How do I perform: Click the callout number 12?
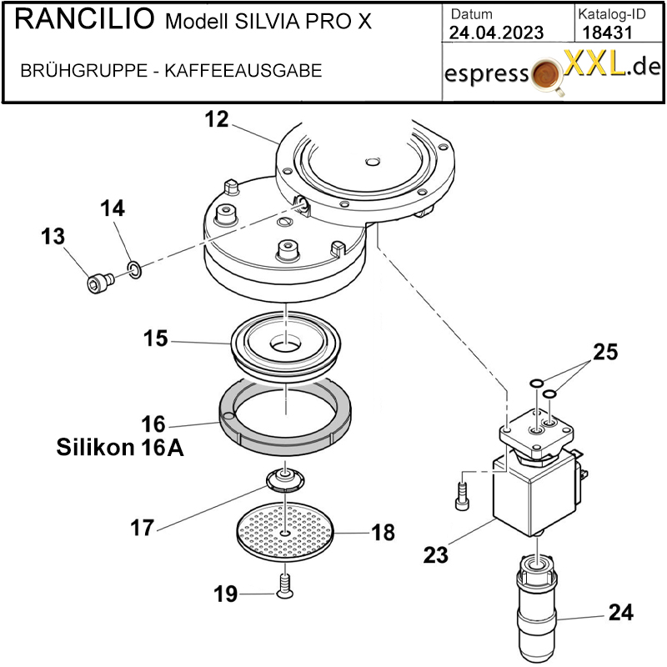coord(216,120)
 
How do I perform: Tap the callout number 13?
coord(53,238)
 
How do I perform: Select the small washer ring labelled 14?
coord(134,268)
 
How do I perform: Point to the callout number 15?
coord(155,339)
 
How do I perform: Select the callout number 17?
coord(143,528)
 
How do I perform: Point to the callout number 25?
coord(605,353)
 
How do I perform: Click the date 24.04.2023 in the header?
coord(495,33)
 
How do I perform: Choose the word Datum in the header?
coord(471,14)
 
